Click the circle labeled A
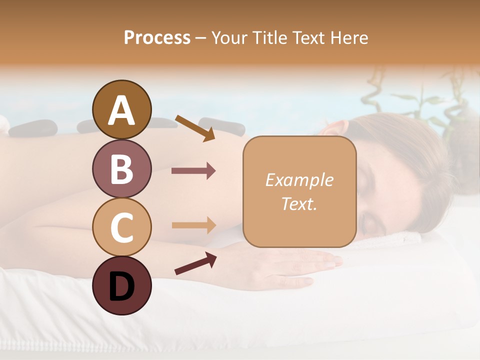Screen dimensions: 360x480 [x=121, y=109]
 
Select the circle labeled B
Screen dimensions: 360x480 [x=121, y=168]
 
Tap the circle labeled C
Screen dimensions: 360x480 [x=121, y=227]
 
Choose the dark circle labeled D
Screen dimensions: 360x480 [x=121, y=285]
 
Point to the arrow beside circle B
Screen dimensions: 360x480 [x=193, y=171]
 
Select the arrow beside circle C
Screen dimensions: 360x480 [x=193, y=225]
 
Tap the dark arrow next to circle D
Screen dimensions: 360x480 [x=195, y=263]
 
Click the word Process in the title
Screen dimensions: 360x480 [x=157, y=37]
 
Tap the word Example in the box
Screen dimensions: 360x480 [x=299, y=180]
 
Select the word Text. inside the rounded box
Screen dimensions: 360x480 [x=299, y=203]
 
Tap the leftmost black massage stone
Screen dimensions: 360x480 [x=33, y=128]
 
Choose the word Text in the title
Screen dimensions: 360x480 [x=307, y=37]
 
